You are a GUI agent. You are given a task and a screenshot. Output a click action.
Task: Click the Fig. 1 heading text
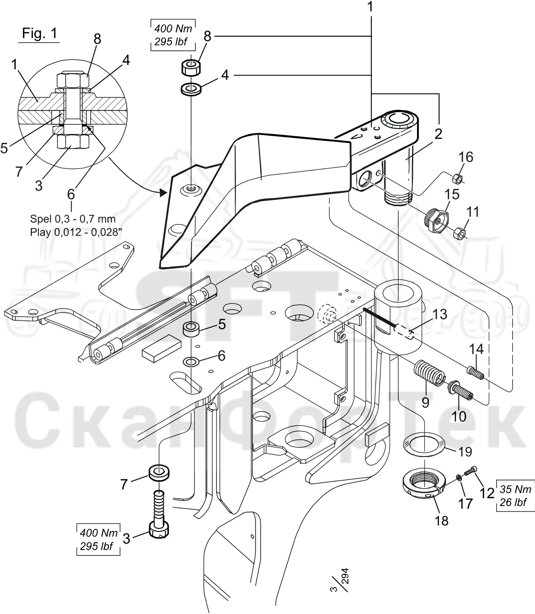click(x=39, y=33)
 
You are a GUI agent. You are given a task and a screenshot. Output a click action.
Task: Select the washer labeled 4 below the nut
click(x=191, y=89)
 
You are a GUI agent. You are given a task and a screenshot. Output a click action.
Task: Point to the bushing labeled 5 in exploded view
click(x=191, y=328)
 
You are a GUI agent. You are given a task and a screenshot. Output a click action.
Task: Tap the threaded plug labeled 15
click(x=436, y=221)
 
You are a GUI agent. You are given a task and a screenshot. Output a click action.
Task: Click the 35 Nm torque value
click(x=515, y=489)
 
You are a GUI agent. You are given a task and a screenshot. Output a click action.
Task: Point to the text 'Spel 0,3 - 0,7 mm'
click(x=73, y=219)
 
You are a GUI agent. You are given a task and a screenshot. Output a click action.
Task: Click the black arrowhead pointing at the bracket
click(x=163, y=193)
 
